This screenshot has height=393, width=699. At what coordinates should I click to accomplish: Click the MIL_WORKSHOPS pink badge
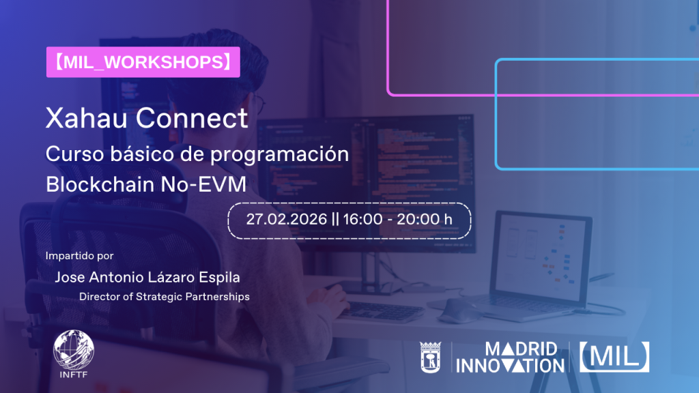click(x=143, y=62)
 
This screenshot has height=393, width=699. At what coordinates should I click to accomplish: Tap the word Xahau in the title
click(x=86, y=119)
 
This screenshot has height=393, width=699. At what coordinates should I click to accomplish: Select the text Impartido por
click(x=79, y=257)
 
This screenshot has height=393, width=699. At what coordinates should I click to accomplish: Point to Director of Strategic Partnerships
click(x=164, y=297)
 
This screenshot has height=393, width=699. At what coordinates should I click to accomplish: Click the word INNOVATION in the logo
click(x=510, y=366)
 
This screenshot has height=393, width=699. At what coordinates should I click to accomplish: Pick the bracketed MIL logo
click(x=614, y=357)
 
